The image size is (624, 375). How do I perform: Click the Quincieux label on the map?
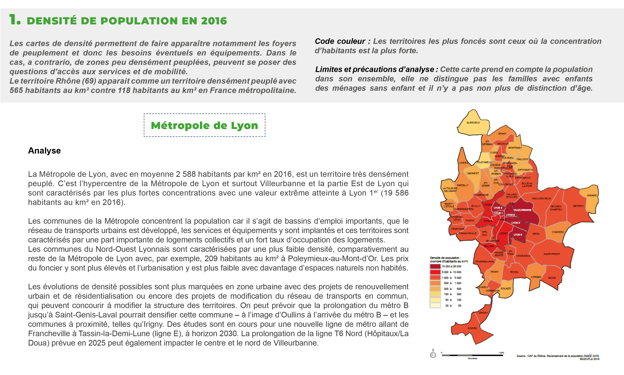click(x=473, y=123)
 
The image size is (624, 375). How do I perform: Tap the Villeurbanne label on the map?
click(x=522, y=210)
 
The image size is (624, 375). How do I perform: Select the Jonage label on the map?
click(x=591, y=195)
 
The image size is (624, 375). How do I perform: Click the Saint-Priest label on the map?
click(x=552, y=254)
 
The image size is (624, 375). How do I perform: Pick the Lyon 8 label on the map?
click(x=517, y=235)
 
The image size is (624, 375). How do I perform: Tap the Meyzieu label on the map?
click(x=578, y=206)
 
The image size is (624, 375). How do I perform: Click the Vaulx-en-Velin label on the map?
click(x=541, y=199)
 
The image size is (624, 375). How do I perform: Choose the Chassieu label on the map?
click(x=558, y=232)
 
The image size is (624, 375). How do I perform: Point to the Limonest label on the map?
click(x=473, y=173)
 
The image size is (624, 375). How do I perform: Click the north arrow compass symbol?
click(x=433, y=354)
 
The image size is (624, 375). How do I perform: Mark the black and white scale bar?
click(x=472, y=355)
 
